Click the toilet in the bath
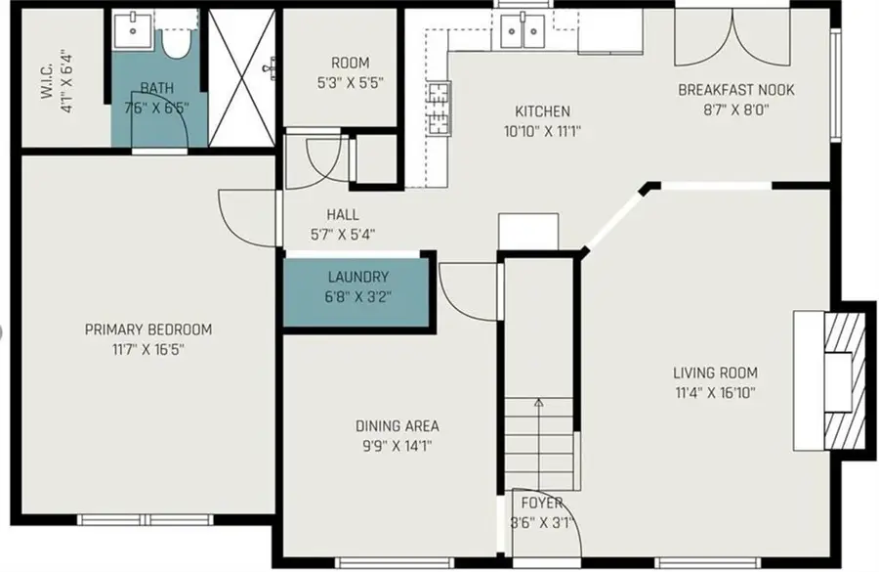[177, 40]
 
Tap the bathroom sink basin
[132, 30]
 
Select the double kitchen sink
[523, 31]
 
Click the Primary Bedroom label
[148, 330]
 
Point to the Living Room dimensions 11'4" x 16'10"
[716, 392]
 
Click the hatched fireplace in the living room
[844, 380]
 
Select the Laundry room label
[357, 277]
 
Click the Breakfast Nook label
[736, 90]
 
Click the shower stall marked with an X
[242, 77]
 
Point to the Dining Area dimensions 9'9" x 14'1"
[397, 446]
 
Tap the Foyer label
[541, 503]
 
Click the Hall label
[343, 214]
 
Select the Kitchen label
[542, 110]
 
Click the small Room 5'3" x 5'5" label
[350, 63]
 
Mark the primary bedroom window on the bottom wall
[146, 520]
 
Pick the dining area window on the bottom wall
[395, 562]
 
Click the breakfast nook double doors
[733, 37]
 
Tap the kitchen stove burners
[439, 109]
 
